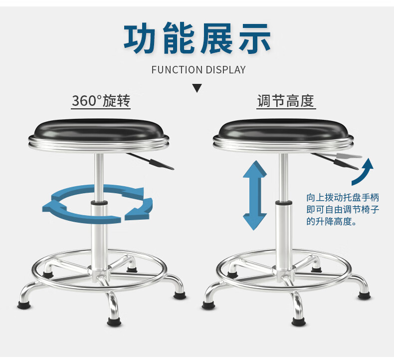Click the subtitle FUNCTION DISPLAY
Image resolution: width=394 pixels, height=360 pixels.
198,70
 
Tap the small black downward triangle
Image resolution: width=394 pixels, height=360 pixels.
197,89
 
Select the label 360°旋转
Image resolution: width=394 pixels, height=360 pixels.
101,101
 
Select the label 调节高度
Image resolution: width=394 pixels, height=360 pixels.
286,101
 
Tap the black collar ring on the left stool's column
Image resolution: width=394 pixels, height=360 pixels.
99,203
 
